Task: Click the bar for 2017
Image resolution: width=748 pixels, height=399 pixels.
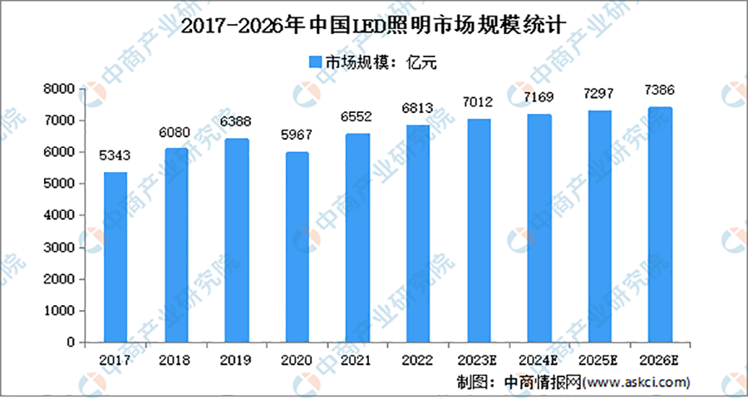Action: point(115,257)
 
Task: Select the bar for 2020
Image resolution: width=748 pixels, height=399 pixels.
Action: point(296,247)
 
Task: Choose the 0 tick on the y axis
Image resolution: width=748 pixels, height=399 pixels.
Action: point(71,342)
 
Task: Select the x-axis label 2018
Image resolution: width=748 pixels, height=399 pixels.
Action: point(175,361)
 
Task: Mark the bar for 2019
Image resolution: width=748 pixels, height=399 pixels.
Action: point(236,240)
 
